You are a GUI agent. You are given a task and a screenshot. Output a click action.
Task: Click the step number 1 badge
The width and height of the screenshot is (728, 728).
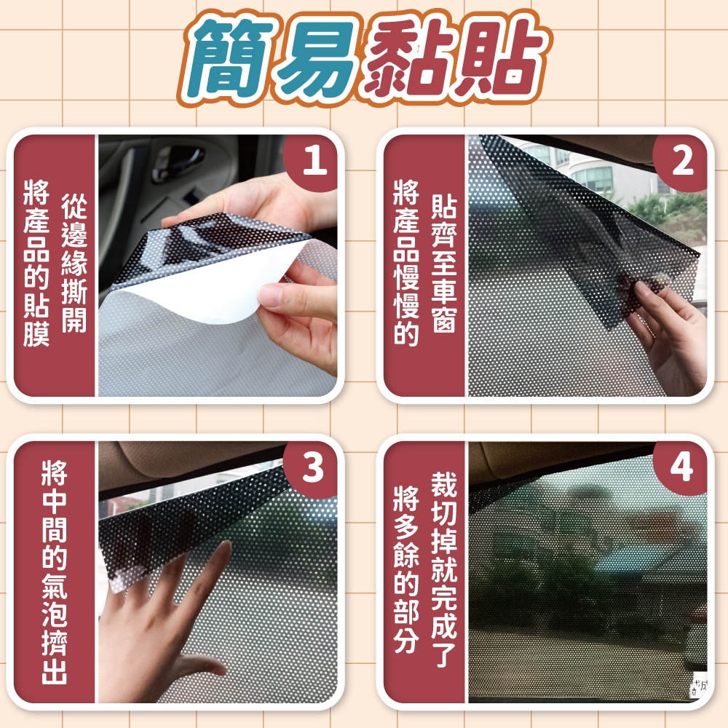312,161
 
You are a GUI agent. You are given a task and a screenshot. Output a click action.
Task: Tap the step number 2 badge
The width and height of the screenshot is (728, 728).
681,161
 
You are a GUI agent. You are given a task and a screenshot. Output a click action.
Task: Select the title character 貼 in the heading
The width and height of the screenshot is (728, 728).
501,58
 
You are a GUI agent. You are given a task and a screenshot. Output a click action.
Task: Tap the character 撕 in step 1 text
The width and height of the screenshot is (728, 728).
74,291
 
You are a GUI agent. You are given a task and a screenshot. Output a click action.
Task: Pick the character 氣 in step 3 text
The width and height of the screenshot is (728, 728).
55,586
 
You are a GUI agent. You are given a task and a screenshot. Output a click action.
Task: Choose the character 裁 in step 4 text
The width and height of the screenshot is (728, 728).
444,484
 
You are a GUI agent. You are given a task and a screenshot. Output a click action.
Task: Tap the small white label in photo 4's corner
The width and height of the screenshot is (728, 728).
698,684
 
